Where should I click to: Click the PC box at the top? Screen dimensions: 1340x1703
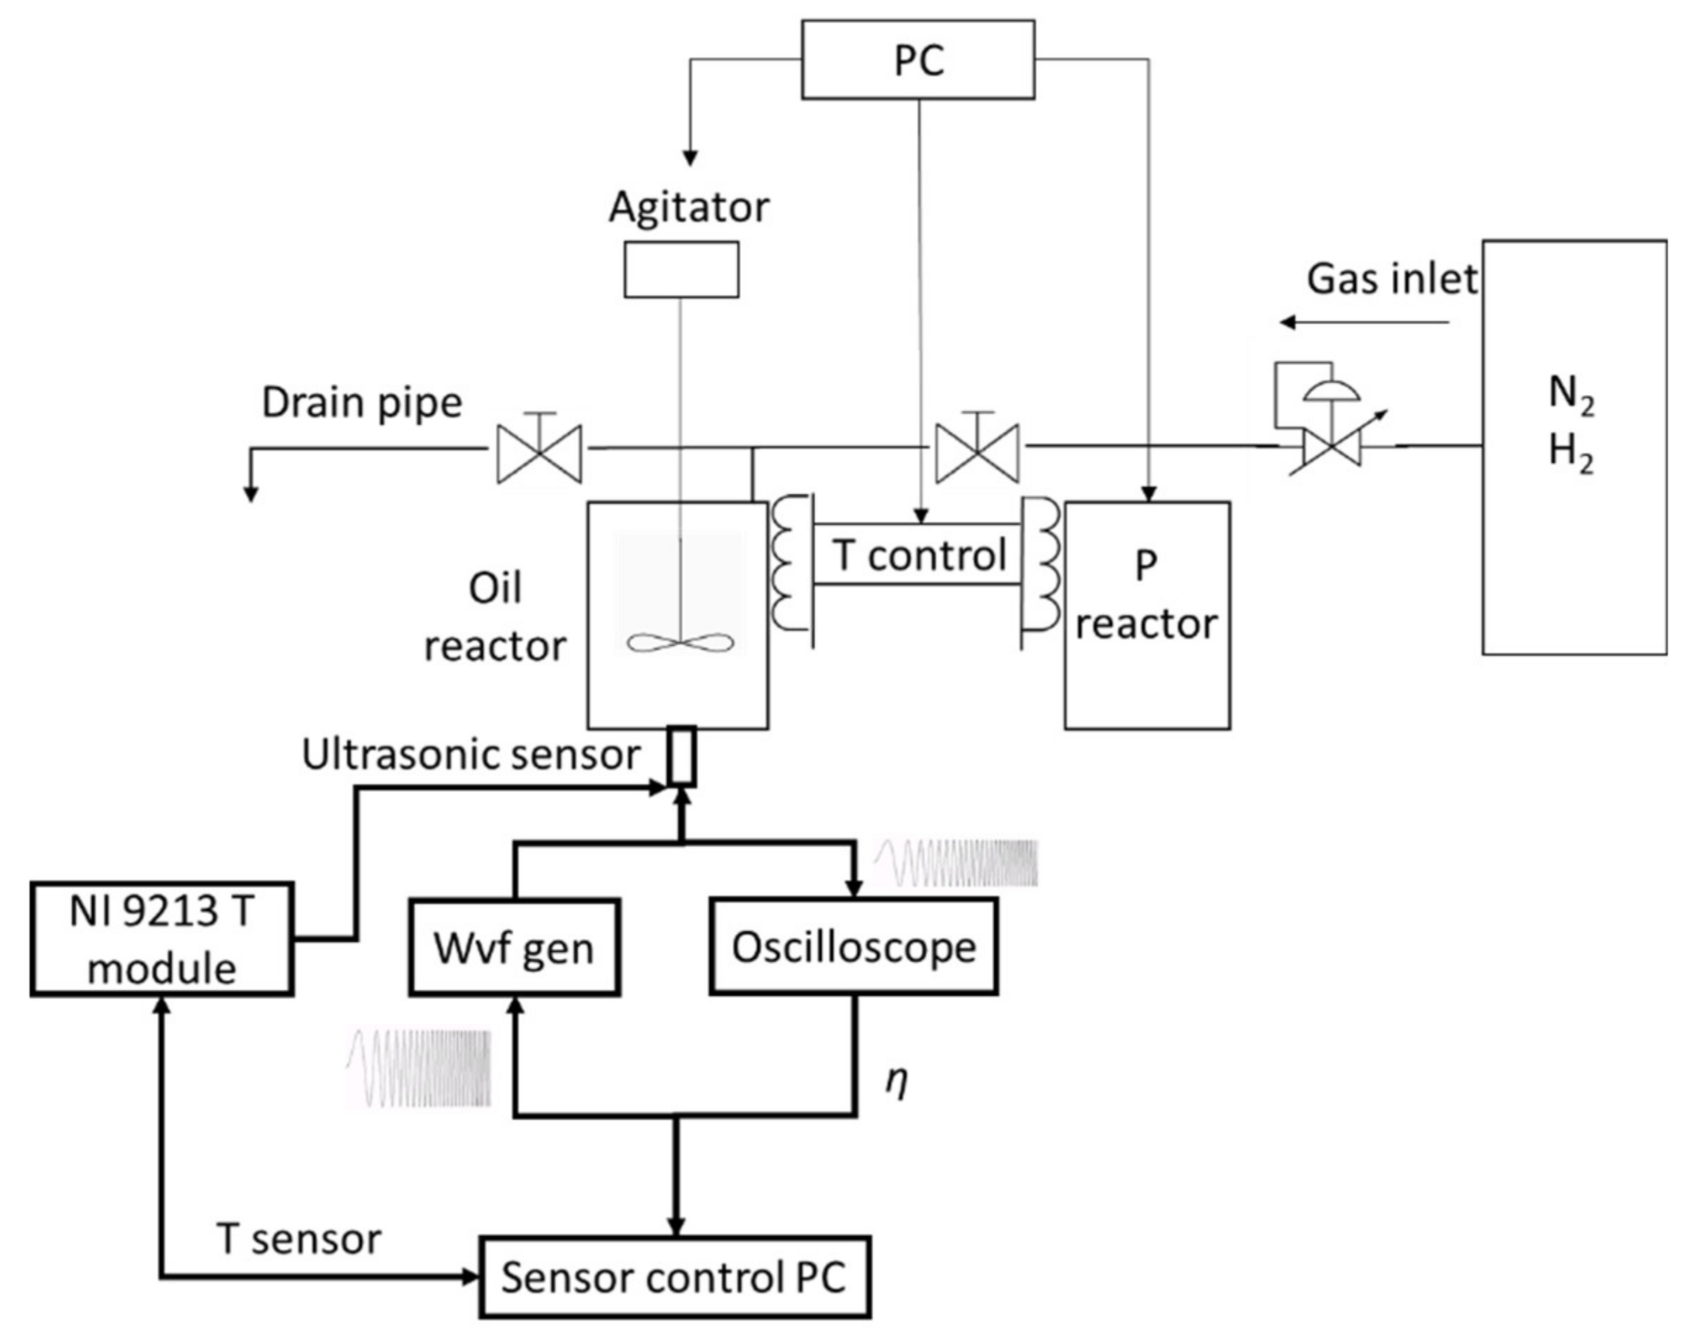click(918, 60)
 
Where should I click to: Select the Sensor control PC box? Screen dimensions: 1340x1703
click(675, 1277)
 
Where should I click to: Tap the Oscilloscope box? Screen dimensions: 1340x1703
click(854, 947)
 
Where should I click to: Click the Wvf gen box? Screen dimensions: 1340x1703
click(514, 948)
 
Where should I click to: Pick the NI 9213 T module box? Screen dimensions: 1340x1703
click(161, 939)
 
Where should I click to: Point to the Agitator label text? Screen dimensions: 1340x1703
click(689, 207)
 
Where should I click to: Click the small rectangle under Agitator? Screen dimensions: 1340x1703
click(681, 269)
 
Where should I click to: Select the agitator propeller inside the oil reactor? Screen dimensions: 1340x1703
click(680, 643)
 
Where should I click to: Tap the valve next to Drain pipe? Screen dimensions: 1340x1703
click(540, 454)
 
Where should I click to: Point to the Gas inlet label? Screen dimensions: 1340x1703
click(1391, 278)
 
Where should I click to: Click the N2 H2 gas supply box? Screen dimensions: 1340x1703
click(1573, 447)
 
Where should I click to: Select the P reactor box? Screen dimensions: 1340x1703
click(1147, 615)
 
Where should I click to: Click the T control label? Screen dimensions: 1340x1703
click(919, 554)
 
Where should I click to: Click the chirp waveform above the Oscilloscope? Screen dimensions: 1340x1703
click(956, 863)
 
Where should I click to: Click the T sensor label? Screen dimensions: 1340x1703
click(299, 1239)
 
